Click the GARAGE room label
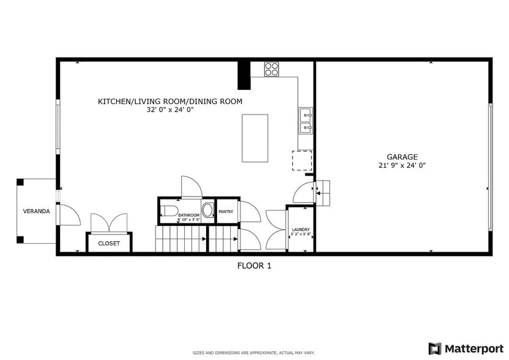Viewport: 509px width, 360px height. pos(402,157)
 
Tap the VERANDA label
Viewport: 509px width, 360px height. pos(37,211)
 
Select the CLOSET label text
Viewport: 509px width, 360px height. pos(110,243)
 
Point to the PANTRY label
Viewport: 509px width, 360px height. pos(226,211)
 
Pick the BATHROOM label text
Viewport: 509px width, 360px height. pos(189,215)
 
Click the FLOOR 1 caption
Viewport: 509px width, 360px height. pos(254,266)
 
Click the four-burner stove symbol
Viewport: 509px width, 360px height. pos(272,69)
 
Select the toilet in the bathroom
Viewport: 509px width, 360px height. pos(169,212)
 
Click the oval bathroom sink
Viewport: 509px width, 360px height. pos(208,211)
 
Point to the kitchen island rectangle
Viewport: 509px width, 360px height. pos(255,138)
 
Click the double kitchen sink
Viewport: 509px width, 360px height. pos(305,121)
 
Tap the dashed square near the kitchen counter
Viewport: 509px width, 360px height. pos(302,160)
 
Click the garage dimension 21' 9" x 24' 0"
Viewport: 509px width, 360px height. pos(402,165)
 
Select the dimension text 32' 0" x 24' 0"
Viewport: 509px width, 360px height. pos(170,110)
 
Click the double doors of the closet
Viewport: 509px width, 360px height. pos(109,223)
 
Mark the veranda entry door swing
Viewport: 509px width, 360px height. pos(69,215)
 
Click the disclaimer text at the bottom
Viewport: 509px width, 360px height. pos(254,353)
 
